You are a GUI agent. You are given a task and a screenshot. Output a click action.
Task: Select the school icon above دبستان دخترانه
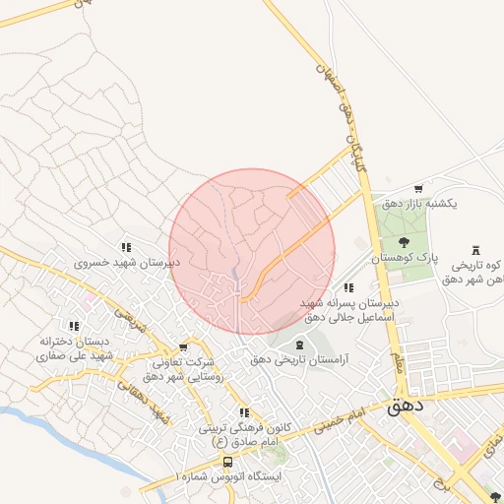[74, 325]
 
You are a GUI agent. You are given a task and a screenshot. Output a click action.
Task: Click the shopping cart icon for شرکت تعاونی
[183, 347]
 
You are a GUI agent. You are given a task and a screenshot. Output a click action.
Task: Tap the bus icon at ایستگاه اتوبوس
[227, 462]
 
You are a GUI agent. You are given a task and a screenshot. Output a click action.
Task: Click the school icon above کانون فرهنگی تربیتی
[244, 412]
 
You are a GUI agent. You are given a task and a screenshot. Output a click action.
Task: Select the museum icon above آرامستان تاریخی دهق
[300, 344]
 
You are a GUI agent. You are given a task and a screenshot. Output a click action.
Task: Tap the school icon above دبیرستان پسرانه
[348, 286]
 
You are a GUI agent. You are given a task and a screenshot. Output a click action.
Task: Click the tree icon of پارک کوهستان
[403, 241]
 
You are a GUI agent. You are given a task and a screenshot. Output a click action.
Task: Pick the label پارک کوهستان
[404, 257]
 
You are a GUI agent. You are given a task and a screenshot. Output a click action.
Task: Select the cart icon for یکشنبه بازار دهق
[418, 188]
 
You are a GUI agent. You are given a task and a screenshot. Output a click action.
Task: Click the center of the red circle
[252, 252]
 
